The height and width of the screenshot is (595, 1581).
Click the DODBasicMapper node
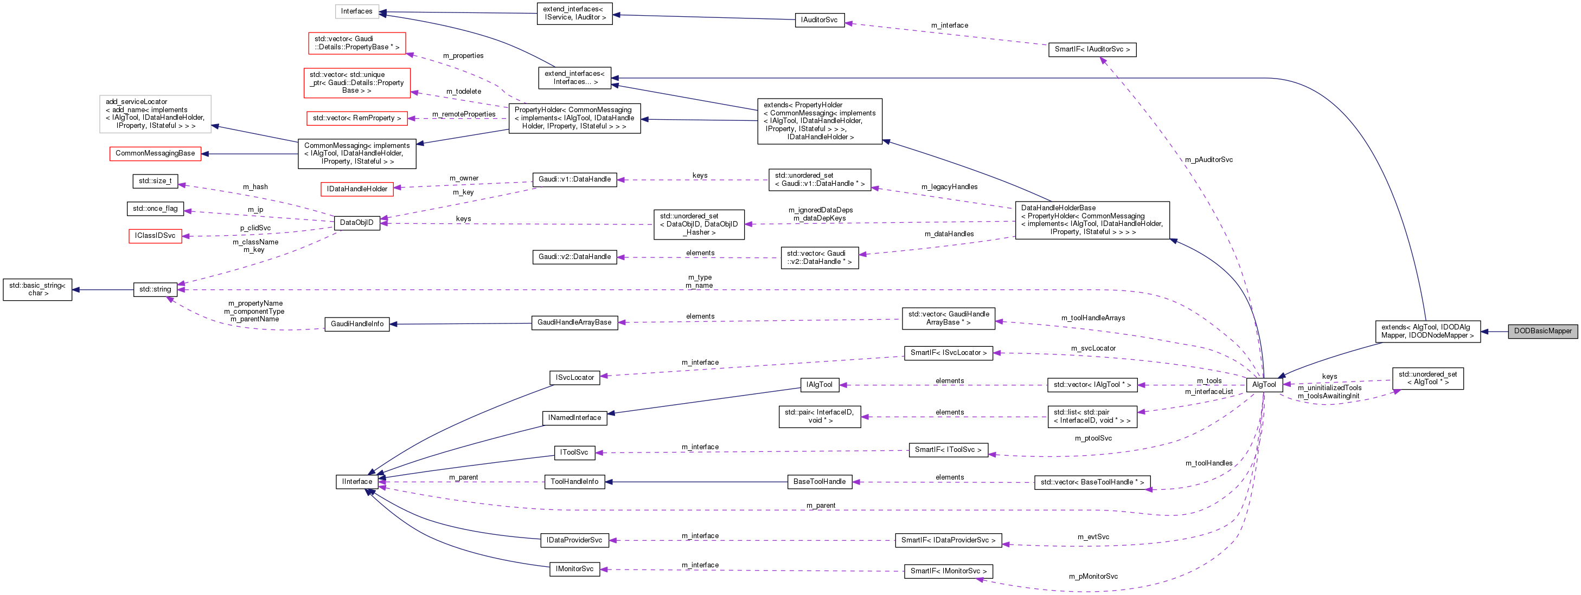tap(1542, 331)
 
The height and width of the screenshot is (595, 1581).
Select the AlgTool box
tap(1264, 385)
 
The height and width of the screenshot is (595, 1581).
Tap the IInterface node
tap(356, 482)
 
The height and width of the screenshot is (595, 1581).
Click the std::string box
tap(155, 289)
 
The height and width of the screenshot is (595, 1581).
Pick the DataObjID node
tap(356, 223)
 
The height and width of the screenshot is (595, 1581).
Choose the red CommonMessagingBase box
tap(155, 153)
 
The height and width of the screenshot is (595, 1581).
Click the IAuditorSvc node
tap(819, 20)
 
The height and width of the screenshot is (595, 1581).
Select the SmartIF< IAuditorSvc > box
tap(1092, 49)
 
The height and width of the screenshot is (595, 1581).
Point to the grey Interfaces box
tap(356, 11)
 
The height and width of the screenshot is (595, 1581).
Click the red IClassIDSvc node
tap(155, 236)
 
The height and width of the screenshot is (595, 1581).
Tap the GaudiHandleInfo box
tap(356, 324)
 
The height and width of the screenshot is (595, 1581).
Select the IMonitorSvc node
tap(574, 569)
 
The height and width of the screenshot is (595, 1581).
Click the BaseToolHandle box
tap(820, 482)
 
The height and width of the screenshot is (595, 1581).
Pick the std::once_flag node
tap(155, 209)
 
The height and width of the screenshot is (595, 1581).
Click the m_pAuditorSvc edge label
tap(1208, 159)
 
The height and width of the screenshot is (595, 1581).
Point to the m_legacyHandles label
tap(949, 186)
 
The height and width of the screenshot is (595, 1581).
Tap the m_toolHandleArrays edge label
tap(1092, 318)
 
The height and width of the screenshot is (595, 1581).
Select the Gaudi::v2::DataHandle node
tap(574, 257)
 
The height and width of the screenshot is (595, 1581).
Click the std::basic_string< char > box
tap(37, 289)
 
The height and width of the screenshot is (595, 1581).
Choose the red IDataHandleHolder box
tap(356, 189)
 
